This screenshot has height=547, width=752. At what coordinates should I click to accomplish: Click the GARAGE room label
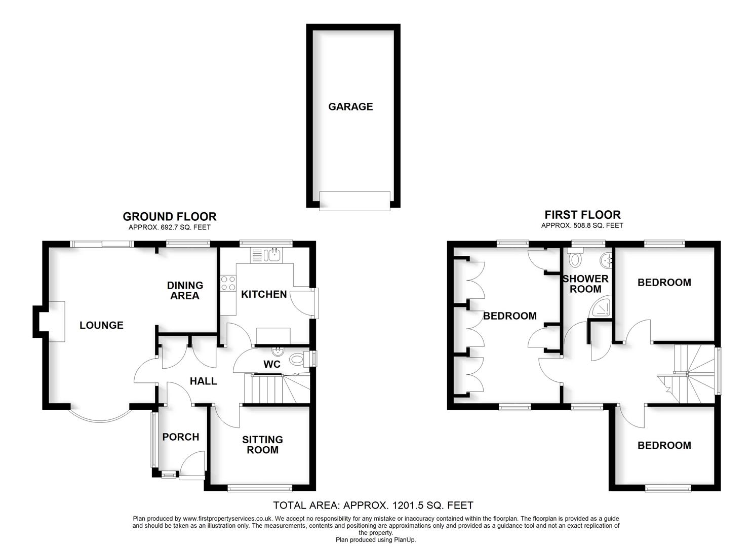[350, 106]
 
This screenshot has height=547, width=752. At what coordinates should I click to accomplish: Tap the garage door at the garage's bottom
[355, 200]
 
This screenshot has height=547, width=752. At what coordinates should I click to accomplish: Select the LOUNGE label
[101, 325]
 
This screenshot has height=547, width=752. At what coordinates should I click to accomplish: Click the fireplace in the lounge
[56, 322]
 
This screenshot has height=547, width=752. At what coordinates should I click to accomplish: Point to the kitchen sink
[274, 254]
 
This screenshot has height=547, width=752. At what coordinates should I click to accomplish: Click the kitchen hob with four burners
[228, 283]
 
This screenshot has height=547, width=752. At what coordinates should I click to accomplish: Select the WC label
[272, 364]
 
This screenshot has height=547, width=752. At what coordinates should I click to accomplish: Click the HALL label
[203, 381]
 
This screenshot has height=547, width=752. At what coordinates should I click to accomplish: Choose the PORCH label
[181, 437]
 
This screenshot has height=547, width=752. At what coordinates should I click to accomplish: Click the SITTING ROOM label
[262, 445]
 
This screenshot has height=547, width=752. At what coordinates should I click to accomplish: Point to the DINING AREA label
[185, 290]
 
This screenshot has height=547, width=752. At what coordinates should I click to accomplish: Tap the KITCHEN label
[264, 294]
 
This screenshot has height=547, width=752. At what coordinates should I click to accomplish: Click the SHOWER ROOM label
[585, 284]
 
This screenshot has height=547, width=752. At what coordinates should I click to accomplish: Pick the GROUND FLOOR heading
[170, 216]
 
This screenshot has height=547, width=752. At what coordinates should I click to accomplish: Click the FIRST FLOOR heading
[582, 214]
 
